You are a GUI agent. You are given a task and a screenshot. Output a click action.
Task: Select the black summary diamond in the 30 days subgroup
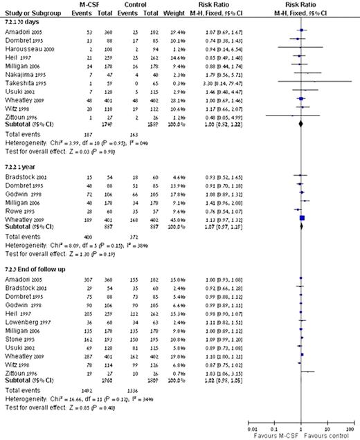(301, 123)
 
